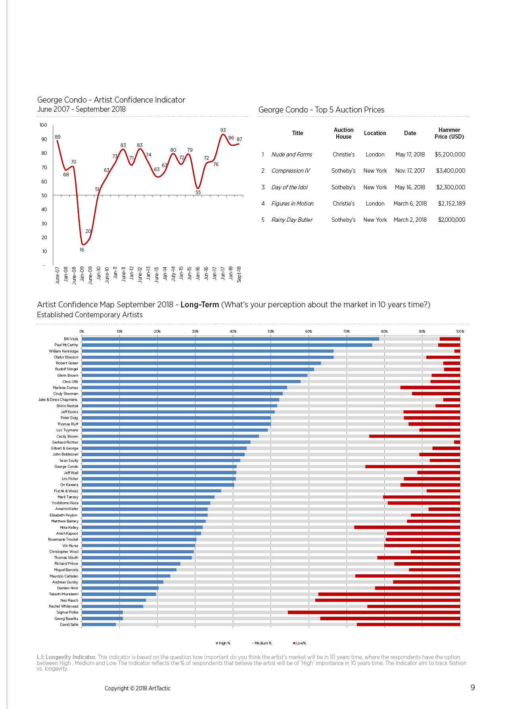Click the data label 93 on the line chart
223,130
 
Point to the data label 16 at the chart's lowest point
82,250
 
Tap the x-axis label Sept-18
239,274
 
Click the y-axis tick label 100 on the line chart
43,125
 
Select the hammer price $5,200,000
450,154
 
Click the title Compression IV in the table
291,171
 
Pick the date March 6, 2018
410,204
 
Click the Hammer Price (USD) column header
449,133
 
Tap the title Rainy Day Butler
292,220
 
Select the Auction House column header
343,133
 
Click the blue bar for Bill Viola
230,339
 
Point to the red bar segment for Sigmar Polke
374,612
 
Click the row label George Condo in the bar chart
66,467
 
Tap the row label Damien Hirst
67,588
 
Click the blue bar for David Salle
99,625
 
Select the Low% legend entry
299,643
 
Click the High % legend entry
223,643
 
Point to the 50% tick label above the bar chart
271,332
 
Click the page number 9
473,688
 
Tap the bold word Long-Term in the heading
199,305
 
